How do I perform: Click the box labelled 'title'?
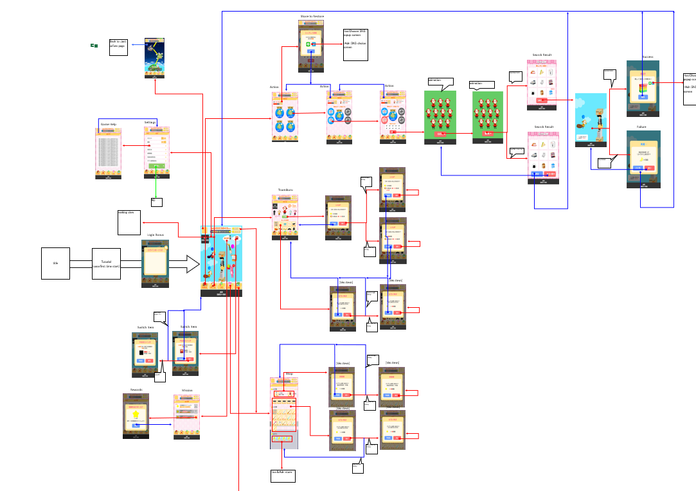[55, 263]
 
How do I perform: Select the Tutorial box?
[106, 263]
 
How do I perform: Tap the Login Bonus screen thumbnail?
[155, 263]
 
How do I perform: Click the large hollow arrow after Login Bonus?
[185, 263]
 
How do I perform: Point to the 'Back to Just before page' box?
[118, 47]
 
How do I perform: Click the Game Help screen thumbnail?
[109, 153]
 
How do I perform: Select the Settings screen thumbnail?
[157, 152]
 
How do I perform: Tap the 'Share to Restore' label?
[312, 16]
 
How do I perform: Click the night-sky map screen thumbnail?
[154, 58]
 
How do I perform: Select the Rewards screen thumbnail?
[136, 416]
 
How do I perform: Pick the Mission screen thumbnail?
[186, 416]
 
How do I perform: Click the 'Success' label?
[647, 57]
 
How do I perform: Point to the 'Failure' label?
[641, 127]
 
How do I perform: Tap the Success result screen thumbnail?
[643, 88]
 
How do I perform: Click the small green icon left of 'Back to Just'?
[94, 46]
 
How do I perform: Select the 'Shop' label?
[289, 373]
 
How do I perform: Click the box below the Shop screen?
[283, 476]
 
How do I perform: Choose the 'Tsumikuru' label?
[285, 190]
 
